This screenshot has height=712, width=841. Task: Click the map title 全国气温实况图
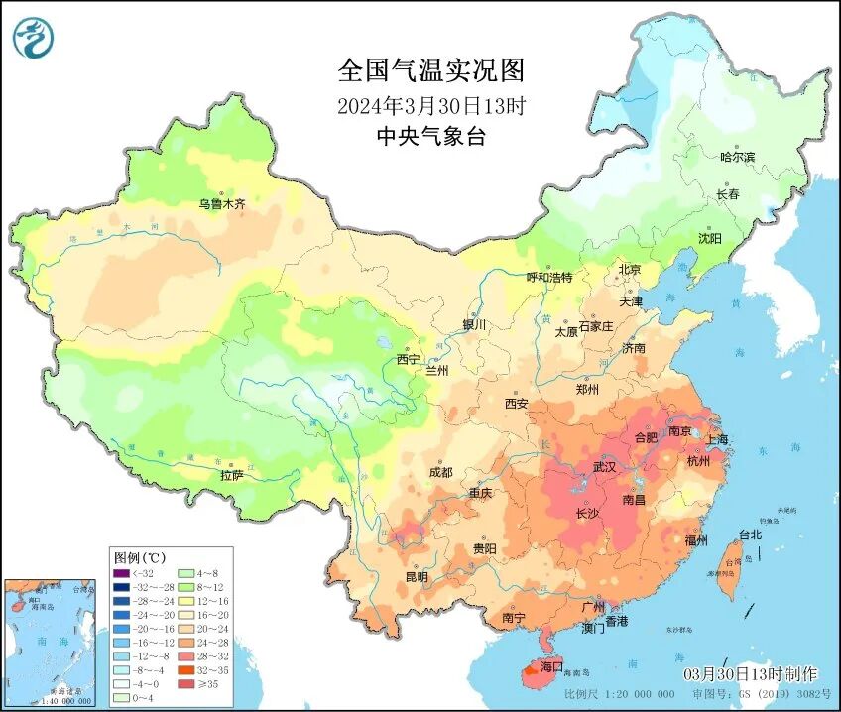[x=430, y=71]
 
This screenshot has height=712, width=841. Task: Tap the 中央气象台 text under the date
[x=430, y=138]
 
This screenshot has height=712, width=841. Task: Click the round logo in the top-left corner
[x=34, y=37]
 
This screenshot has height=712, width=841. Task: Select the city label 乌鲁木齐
[x=221, y=204]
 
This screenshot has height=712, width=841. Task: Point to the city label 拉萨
[x=232, y=477]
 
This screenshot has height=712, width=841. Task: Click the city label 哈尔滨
[x=737, y=157]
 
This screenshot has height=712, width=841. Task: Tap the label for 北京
[x=630, y=270]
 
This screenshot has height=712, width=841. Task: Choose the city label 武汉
[x=604, y=466]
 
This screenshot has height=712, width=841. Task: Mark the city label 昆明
[x=417, y=577]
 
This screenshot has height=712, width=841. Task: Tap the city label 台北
[x=750, y=535]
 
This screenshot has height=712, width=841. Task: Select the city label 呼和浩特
[x=548, y=278]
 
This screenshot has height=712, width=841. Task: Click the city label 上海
[x=716, y=439]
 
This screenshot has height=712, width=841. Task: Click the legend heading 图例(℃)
[x=139, y=557]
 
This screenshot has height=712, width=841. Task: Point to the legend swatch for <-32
[x=121, y=572]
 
